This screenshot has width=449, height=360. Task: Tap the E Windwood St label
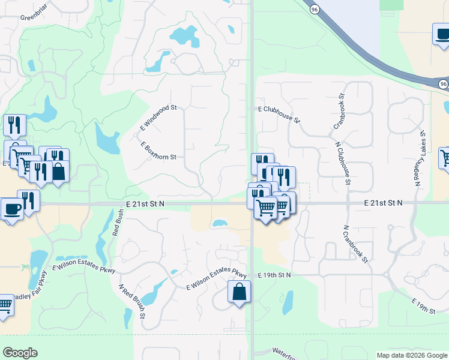[158, 117]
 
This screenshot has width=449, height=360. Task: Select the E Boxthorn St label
[158, 151]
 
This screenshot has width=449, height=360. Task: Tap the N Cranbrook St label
[354, 242]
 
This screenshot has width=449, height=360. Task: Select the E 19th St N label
[274, 275]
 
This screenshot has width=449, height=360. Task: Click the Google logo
[20, 353]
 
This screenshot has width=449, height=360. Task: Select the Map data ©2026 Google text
[411, 355]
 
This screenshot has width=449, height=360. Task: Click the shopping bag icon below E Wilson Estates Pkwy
[239, 292]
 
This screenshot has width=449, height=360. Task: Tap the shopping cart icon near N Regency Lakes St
[445, 158]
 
